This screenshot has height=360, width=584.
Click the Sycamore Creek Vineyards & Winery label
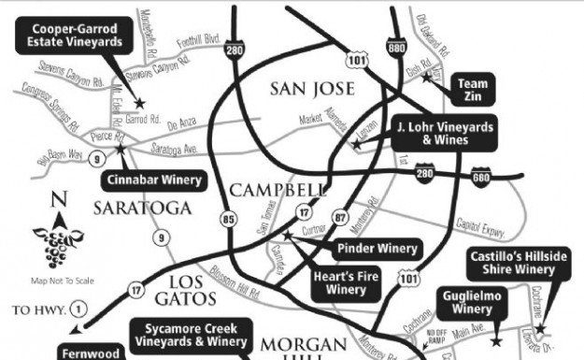(196, 336)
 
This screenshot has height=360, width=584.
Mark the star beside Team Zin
(427, 77)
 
